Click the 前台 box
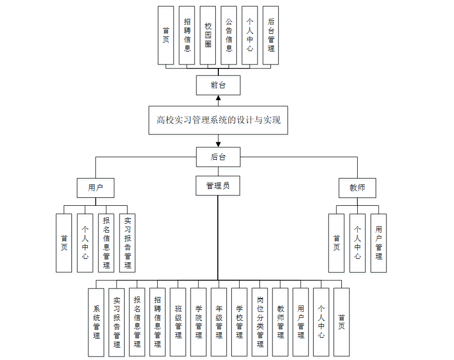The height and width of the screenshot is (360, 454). (x=218, y=85)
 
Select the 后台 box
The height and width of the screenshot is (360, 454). (x=218, y=157)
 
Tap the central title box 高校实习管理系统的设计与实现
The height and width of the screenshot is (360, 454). (x=218, y=120)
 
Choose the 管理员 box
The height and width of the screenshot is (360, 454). (x=218, y=186)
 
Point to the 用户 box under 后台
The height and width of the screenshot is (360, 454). (x=95, y=188)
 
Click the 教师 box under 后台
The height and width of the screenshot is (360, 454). (x=357, y=188)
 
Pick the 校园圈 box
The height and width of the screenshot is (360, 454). (x=208, y=35)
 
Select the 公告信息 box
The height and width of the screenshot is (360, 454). (x=229, y=35)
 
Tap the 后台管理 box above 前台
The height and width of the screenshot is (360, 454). (x=270, y=35)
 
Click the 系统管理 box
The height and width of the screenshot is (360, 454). (x=96, y=322)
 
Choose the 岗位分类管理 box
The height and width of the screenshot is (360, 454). (x=260, y=322)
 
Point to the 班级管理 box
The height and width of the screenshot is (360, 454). (x=178, y=322)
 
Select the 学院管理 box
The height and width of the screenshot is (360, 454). (x=198, y=322)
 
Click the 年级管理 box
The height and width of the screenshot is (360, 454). (x=219, y=322)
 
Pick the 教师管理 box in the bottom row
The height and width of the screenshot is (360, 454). (x=280, y=322)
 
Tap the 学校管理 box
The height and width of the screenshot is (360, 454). (x=240, y=322)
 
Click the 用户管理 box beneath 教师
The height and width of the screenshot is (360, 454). (x=379, y=243)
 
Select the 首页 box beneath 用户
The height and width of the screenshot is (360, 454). (x=64, y=243)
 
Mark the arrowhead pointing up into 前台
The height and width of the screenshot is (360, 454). (x=218, y=97)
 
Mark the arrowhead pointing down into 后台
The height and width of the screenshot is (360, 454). (x=218, y=144)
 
